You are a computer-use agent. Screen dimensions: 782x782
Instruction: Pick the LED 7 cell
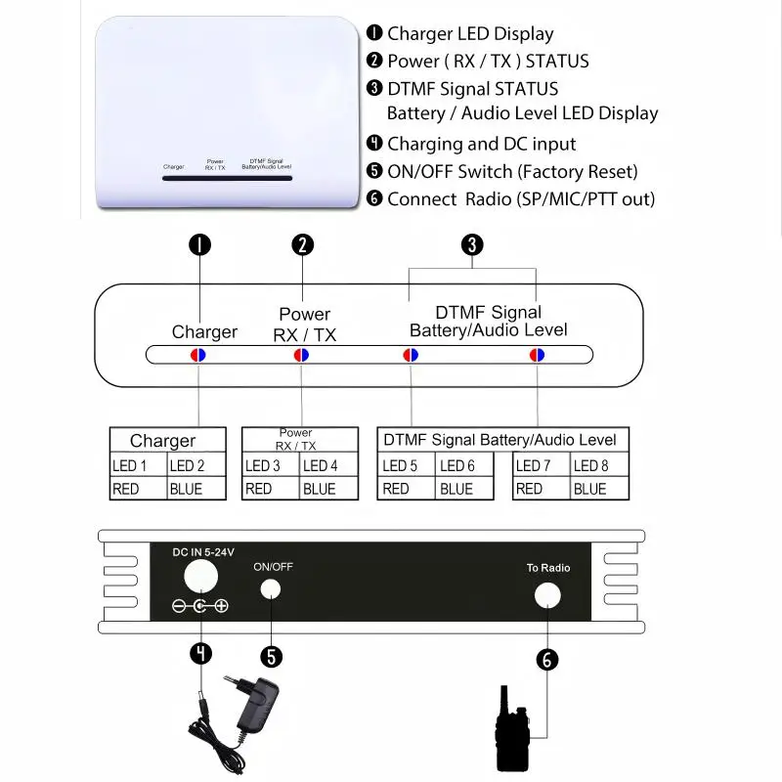540,466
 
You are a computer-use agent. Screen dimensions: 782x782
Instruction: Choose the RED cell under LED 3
270,489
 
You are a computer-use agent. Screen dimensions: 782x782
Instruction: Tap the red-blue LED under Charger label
197,355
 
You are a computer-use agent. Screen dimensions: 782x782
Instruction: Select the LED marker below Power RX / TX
301,355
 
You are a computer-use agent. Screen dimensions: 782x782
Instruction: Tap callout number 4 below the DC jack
200,652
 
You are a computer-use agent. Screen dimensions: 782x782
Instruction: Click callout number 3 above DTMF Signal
472,245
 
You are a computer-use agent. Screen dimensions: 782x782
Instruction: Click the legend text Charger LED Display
469,33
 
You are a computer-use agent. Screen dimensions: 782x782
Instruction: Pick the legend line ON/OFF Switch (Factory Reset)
511,172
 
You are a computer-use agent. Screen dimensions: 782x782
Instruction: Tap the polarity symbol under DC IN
200,607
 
